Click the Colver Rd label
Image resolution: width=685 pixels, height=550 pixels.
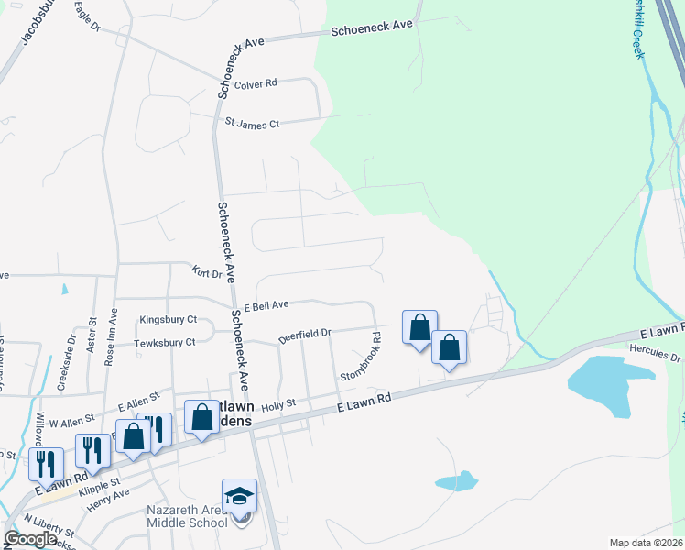pyautogui.click(x=256, y=84)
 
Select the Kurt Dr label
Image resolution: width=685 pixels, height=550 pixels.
pyautogui.click(x=208, y=272)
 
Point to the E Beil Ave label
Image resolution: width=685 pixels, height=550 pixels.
pyautogui.click(x=266, y=304)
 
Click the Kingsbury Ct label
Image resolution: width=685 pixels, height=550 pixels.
pyautogui.click(x=168, y=320)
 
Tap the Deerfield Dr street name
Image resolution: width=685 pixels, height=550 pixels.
pyautogui.click(x=304, y=335)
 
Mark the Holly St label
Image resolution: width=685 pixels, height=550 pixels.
pyautogui.click(x=279, y=403)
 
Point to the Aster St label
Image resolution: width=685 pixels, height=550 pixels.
pyautogui.click(x=92, y=335)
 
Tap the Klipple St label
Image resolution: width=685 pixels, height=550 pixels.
pyautogui.click(x=103, y=482)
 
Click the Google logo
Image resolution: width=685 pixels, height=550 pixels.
pyautogui.click(x=30, y=539)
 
